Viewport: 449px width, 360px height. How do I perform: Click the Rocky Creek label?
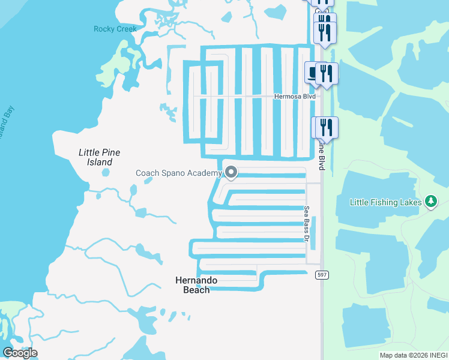tap(115, 29)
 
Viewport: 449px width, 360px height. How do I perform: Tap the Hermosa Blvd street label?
tap(294, 96)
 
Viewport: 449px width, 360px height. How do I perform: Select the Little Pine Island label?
tap(96, 157)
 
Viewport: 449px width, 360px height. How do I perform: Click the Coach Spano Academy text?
tap(179, 173)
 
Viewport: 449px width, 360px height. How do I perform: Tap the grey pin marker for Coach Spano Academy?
tap(231, 173)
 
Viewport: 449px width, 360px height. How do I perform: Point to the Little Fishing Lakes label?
tap(385, 202)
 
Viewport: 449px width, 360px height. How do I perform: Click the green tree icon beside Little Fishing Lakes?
tap(430, 201)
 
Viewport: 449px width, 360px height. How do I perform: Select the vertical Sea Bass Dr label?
tap(306, 224)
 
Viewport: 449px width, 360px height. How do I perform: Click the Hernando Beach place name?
tap(196, 285)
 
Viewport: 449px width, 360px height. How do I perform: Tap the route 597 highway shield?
tap(321, 274)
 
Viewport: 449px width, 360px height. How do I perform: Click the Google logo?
tap(20, 353)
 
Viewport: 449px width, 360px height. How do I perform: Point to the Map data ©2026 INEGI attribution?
tap(413, 355)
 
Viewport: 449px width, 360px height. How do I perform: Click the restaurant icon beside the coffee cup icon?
tap(327, 73)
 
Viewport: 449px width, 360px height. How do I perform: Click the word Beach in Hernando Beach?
tap(196, 290)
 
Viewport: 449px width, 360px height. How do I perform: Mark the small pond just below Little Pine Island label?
tap(106, 173)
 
